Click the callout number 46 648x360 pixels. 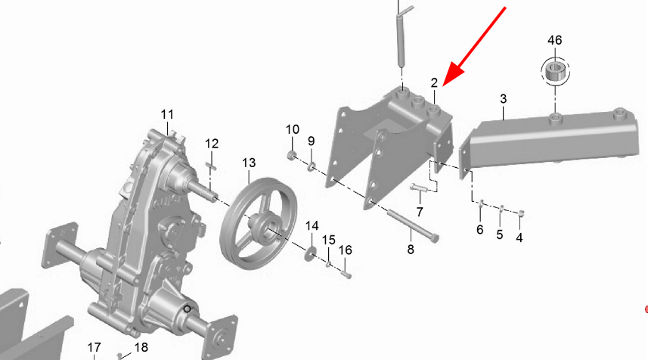pos(554,40)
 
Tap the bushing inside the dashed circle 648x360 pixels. pos(555,71)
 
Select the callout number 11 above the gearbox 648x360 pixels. pos(167,114)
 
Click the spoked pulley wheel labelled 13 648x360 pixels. pos(259,223)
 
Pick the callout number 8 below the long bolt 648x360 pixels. pos(411,250)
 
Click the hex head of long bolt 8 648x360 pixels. pos(434,238)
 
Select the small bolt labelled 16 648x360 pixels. pos(346,274)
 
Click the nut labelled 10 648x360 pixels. pos(292,156)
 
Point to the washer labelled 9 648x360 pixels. pos(312,166)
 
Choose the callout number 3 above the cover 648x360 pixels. pos(503,99)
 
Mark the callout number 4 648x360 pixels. pos(519,237)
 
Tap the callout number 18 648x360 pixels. pos(141,347)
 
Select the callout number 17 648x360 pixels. pos(95,348)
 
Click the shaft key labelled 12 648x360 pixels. pos(211,166)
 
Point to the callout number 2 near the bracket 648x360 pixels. pos(434,82)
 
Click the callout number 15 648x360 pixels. pos(329,240)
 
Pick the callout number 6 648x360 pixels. pos(479,229)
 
